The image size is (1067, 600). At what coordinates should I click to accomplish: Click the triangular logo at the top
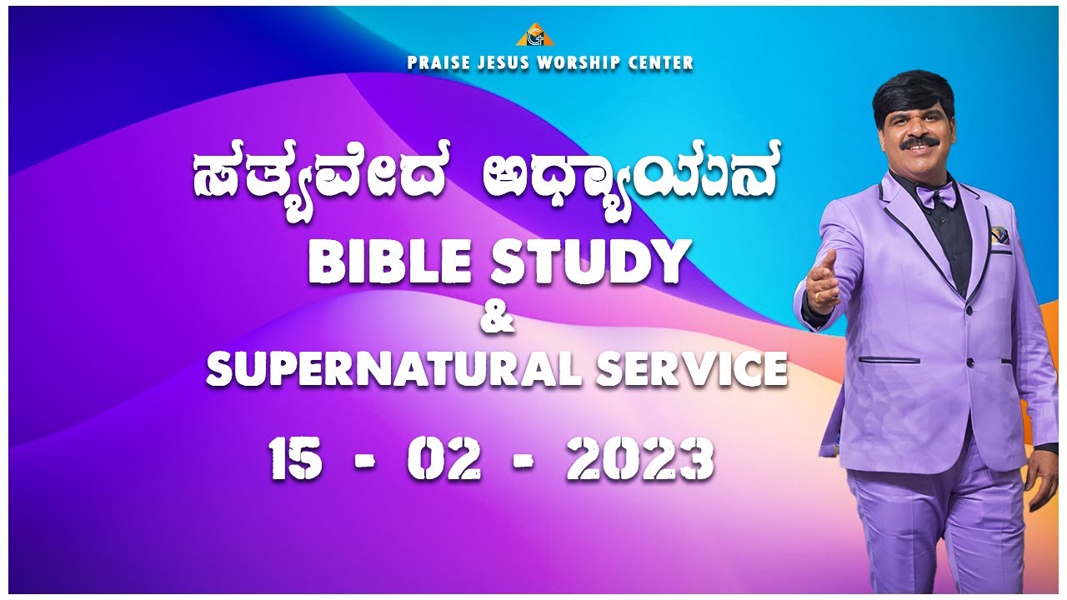tap(534, 35)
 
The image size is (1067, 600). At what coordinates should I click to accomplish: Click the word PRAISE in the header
tap(434, 62)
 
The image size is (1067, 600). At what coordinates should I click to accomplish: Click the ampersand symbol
tap(498, 321)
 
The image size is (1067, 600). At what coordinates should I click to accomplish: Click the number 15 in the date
tap(296, 461)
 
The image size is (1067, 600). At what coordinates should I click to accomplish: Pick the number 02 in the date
tap(443, 461)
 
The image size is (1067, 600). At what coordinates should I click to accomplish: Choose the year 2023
tap(640, 461)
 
